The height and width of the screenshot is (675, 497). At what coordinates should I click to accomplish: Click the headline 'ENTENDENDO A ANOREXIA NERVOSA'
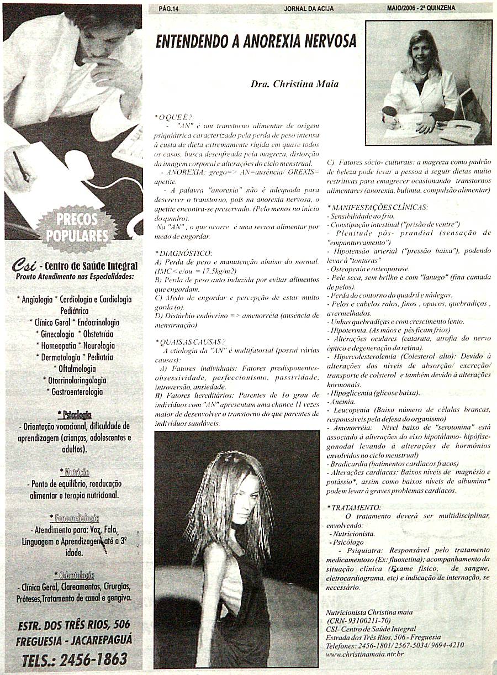pos(256,42)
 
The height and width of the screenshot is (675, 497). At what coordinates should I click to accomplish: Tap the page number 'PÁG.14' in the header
pos(168,8)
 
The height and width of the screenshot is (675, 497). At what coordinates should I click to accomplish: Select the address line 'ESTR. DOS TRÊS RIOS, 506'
pos(74,625)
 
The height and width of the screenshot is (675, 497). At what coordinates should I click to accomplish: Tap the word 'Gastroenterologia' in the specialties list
pos(74,392)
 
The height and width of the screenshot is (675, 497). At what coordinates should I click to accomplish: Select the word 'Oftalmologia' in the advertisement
pos(74,368)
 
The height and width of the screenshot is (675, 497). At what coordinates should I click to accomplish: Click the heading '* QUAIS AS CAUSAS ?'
pos(191,341)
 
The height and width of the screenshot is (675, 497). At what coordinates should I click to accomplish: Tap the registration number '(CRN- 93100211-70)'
pos(359,620)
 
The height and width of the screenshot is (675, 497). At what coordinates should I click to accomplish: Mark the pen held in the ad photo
pos(22,166)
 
